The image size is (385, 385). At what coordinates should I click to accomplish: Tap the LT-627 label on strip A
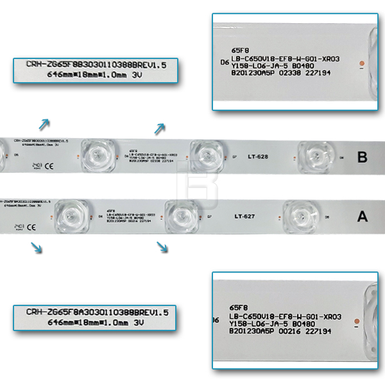click(245, 216)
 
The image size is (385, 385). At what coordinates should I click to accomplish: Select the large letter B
click(362, 157)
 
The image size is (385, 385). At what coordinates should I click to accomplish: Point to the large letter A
click(362, 217)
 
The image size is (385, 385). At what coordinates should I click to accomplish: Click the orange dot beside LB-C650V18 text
click(362, 62)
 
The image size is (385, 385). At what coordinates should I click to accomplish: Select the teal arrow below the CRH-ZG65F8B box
click(44, 124)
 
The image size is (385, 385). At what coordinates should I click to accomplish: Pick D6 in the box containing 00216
click(216, 318)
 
